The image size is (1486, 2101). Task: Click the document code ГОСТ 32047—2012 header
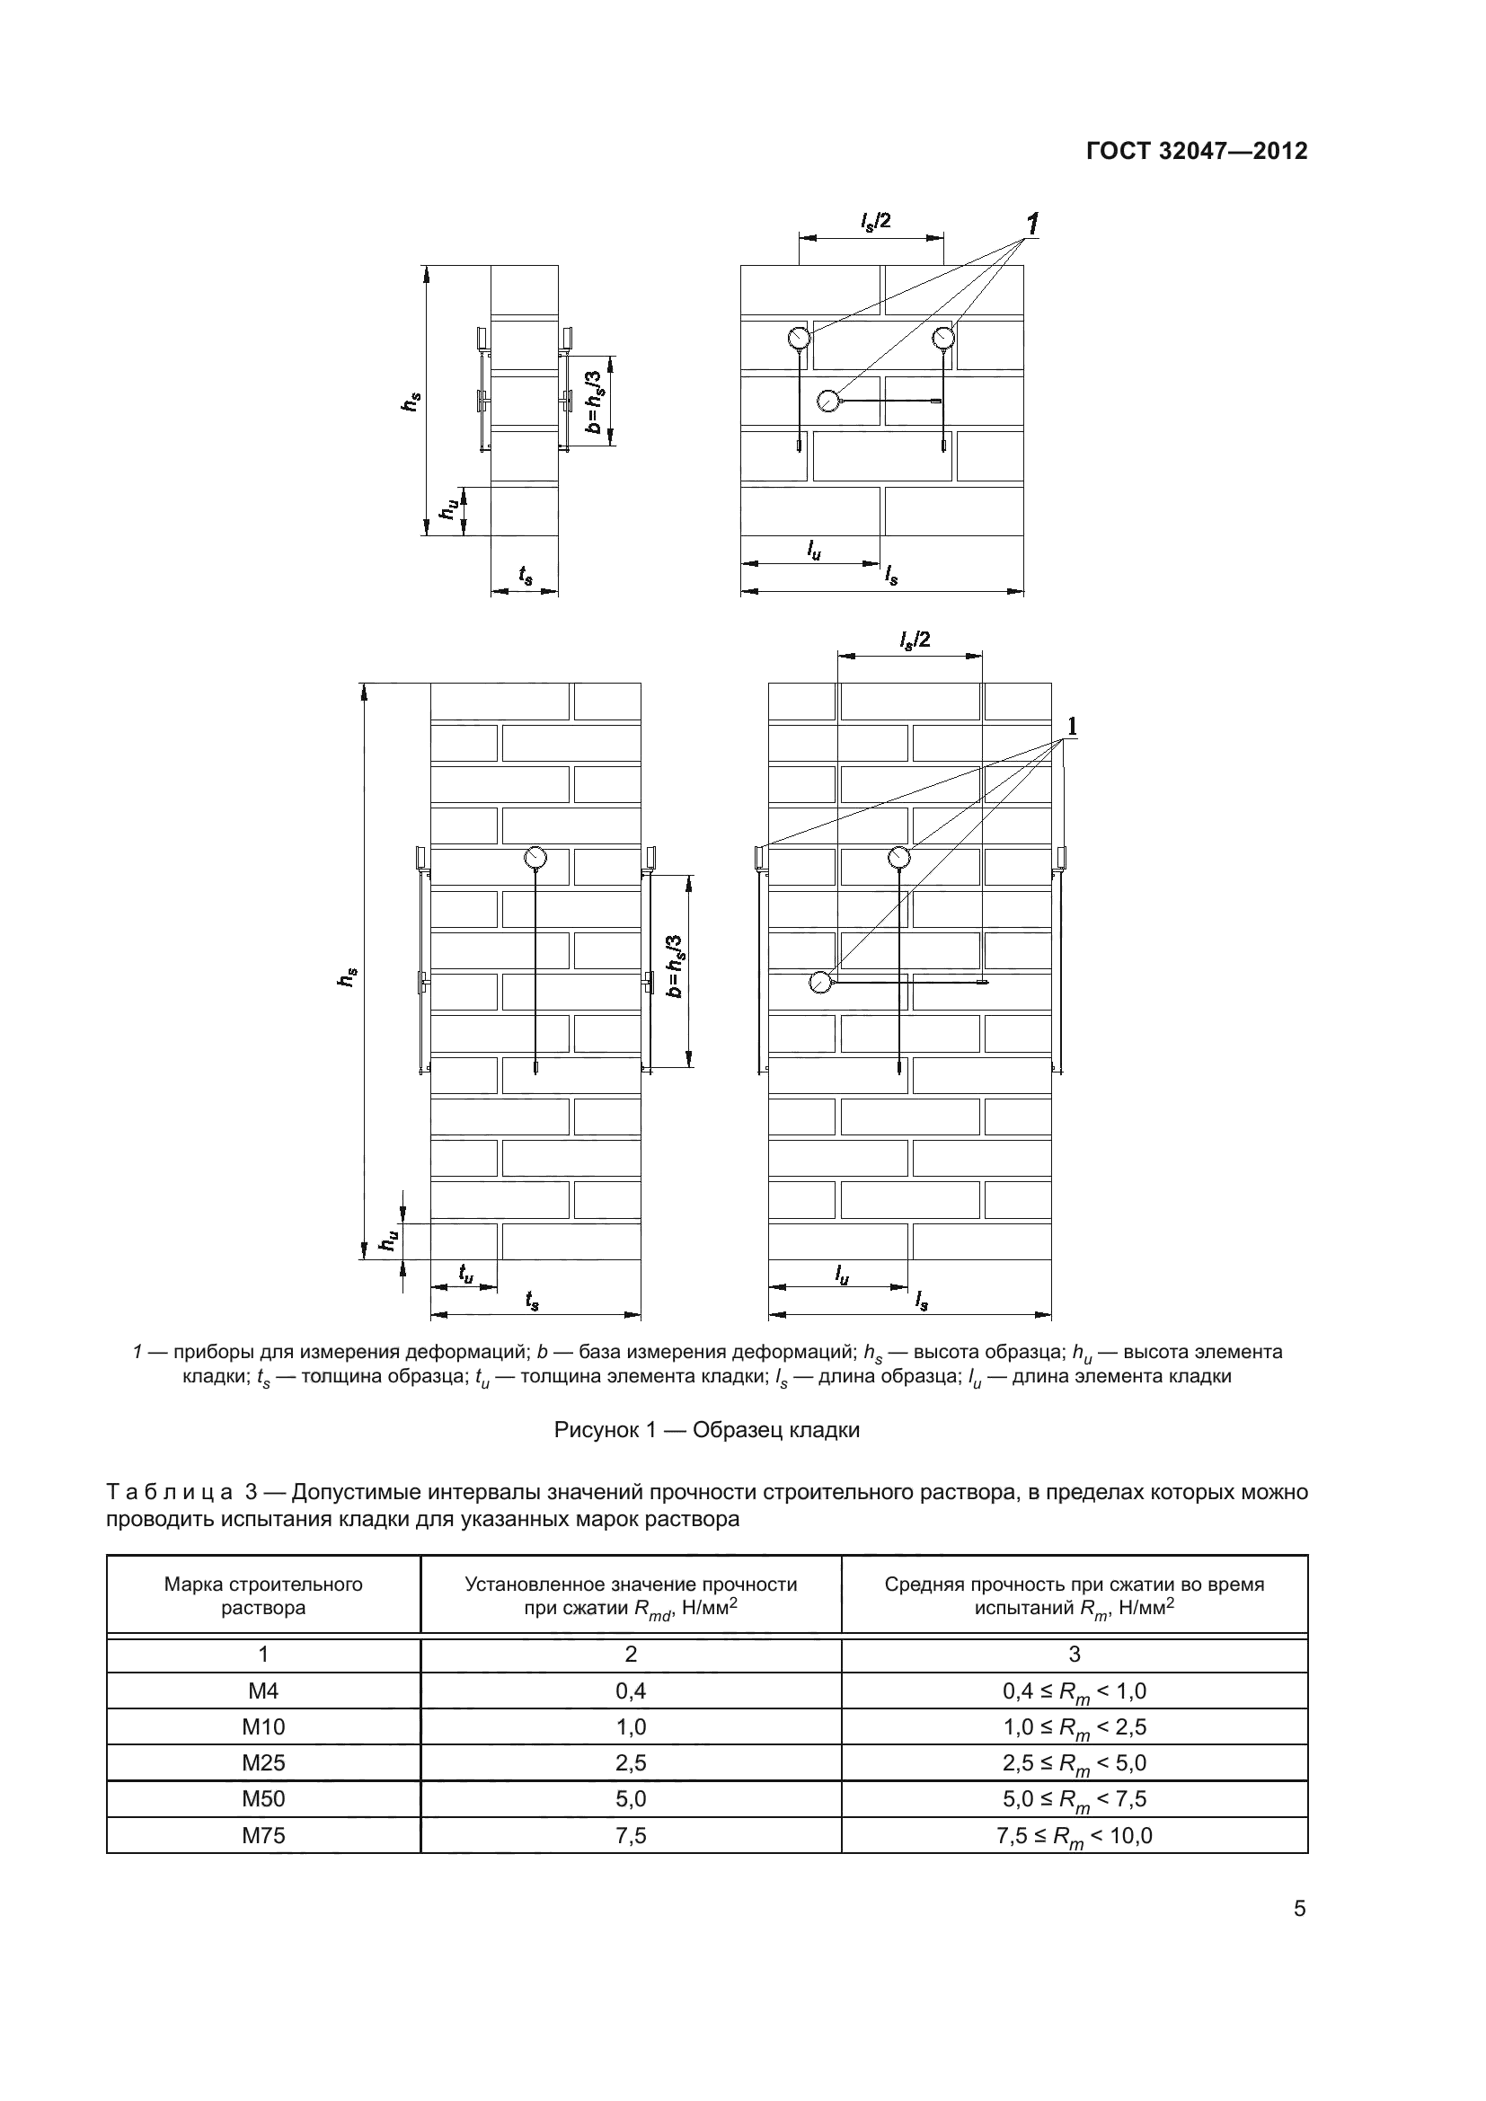click(x=1196, y=151)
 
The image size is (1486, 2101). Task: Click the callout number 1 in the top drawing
click(x=1032, y=224)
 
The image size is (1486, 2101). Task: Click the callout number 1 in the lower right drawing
click(x=1072, y=727)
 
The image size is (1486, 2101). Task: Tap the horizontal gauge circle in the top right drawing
click(x=827, y=401)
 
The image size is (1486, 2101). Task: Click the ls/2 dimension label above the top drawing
click(x=875, y=222)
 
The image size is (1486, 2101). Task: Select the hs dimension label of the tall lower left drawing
click(x=347, y=976)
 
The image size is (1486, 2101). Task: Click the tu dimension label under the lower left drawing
click(x=465, y=1273)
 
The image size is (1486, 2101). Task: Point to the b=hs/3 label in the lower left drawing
click(x=676, y=967)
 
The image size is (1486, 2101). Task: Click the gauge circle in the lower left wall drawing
click(x=535, y=858)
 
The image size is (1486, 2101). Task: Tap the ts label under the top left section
click(x=526, y=575)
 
